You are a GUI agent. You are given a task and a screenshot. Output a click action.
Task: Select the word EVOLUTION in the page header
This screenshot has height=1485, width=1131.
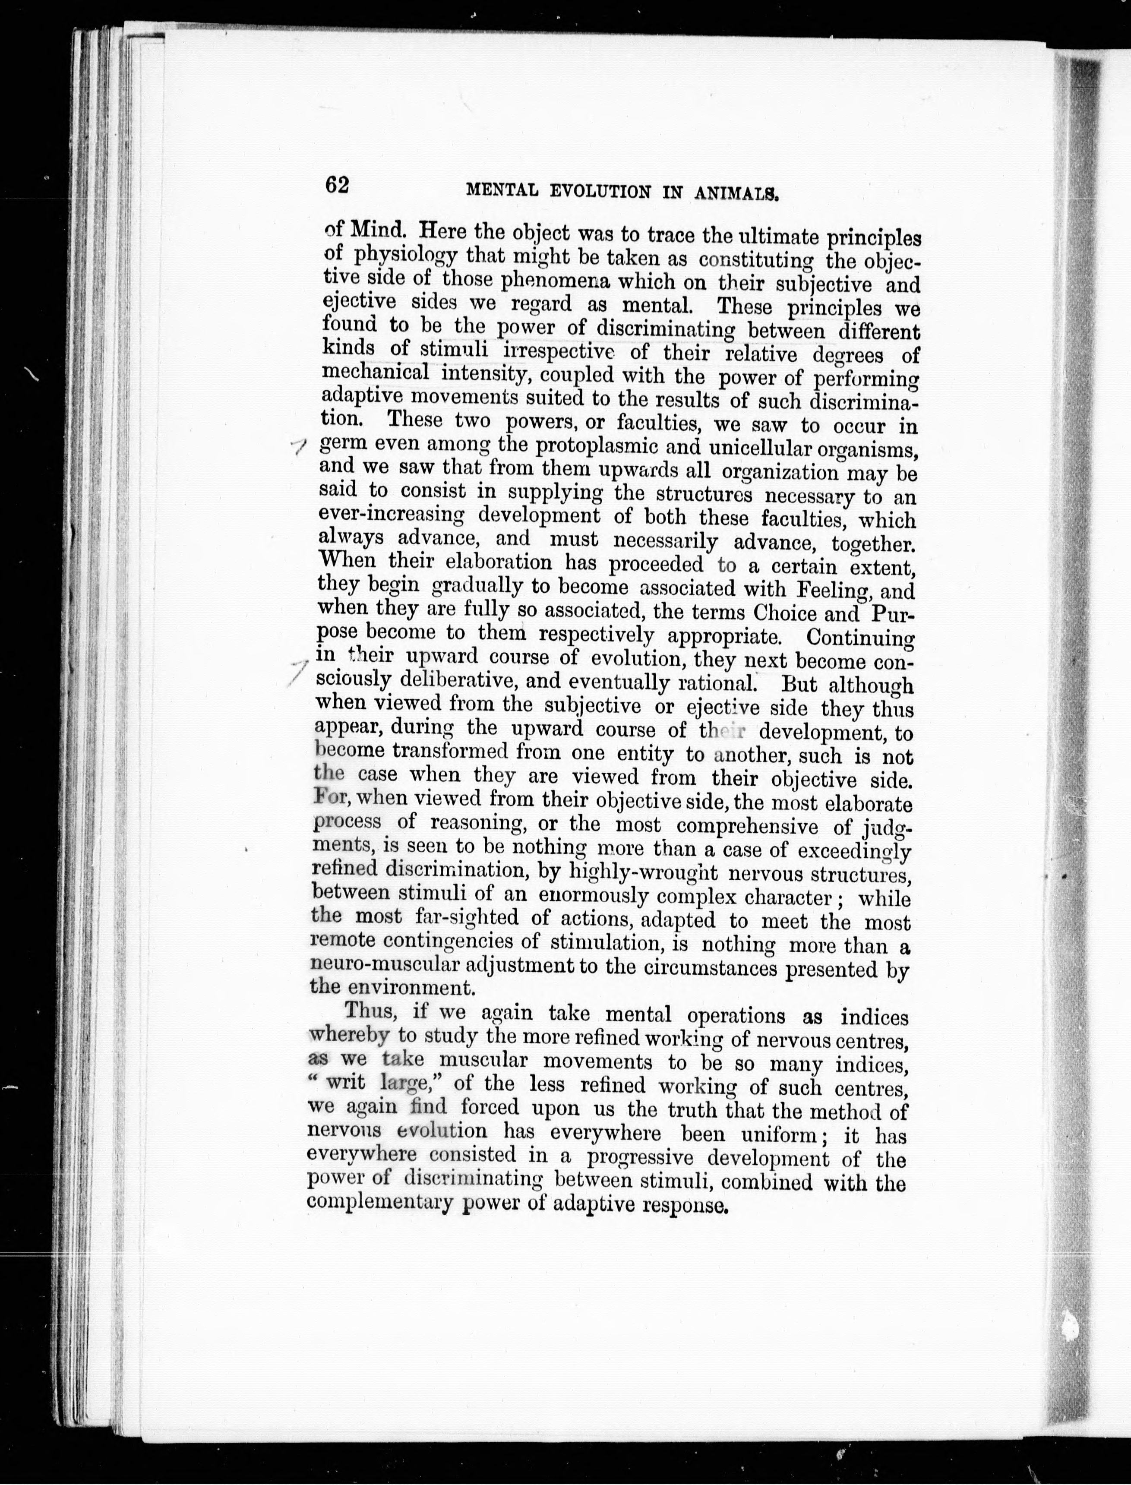tap(600, 191)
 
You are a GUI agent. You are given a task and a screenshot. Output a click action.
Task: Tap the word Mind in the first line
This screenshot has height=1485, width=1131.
tap(378, 231)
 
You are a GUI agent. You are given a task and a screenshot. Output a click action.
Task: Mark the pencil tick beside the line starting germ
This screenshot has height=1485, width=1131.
tap(298, 445)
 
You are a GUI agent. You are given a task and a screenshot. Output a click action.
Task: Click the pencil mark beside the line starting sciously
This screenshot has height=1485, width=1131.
tap(296, 673)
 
